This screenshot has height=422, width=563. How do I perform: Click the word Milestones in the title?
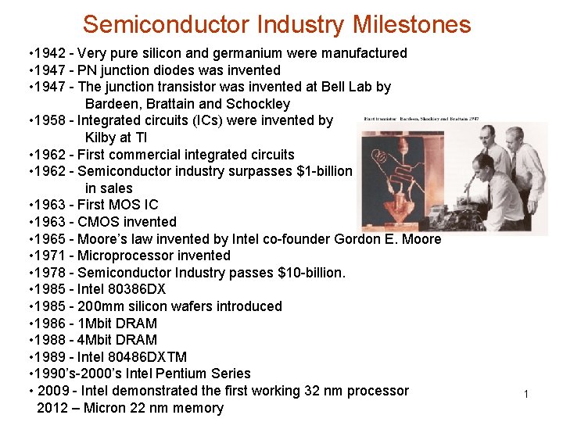tap(412, 24)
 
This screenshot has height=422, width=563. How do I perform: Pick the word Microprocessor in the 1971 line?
tap(126, 256)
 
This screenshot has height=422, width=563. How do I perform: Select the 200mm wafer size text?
tap(101, 306)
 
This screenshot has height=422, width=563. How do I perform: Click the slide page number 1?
tap(526, 395)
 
